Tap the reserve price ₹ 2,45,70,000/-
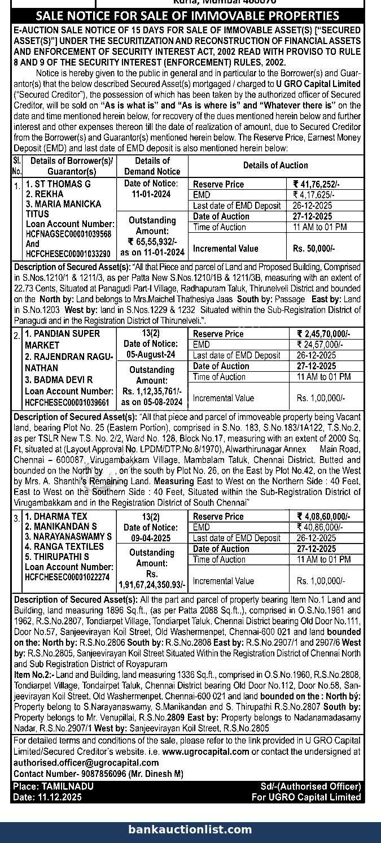pyautogui.click(x=323, y=334)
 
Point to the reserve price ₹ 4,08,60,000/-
pyautogui.click(x=323, y=516)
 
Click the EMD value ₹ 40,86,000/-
pyautogui.click(x=319, y=527)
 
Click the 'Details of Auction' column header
pyautogui.click(x=275, y=166)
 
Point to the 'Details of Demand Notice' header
pyautogui.click(x=152, y=166)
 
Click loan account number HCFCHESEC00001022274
pyautogui.click(x=68, y=577)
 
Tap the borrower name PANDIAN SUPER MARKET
pyautogui.click(x=63, y=339)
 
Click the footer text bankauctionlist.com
pyautogui.click(x=190, y=829)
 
